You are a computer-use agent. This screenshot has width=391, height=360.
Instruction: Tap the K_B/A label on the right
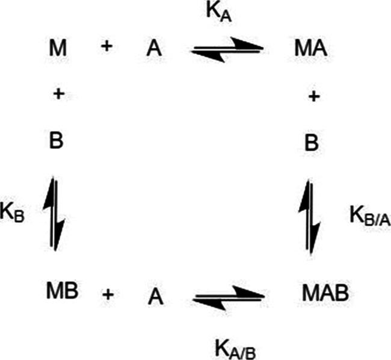click(x=369, y=215)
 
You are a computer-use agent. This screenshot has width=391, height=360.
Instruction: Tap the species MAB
click(x=324, y=294)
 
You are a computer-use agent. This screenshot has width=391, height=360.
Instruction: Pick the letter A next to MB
click(x=156, y=295)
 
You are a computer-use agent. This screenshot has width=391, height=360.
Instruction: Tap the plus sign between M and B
click(x=57, y=94)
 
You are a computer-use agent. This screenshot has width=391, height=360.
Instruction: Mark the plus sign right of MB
click(x=108, y=294)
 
